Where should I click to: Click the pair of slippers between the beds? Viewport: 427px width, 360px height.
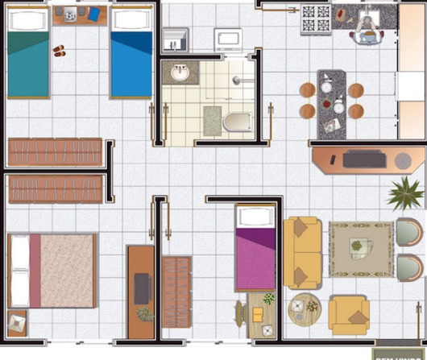point(60,51)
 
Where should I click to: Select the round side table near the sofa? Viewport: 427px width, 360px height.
point(305,306)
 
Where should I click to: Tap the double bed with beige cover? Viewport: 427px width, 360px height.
point(52,270)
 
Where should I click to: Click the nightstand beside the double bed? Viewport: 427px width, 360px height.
point(16,323)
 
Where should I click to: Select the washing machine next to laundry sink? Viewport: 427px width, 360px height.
point(228,39)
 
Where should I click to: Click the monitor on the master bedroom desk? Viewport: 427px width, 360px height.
point(142,288)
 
